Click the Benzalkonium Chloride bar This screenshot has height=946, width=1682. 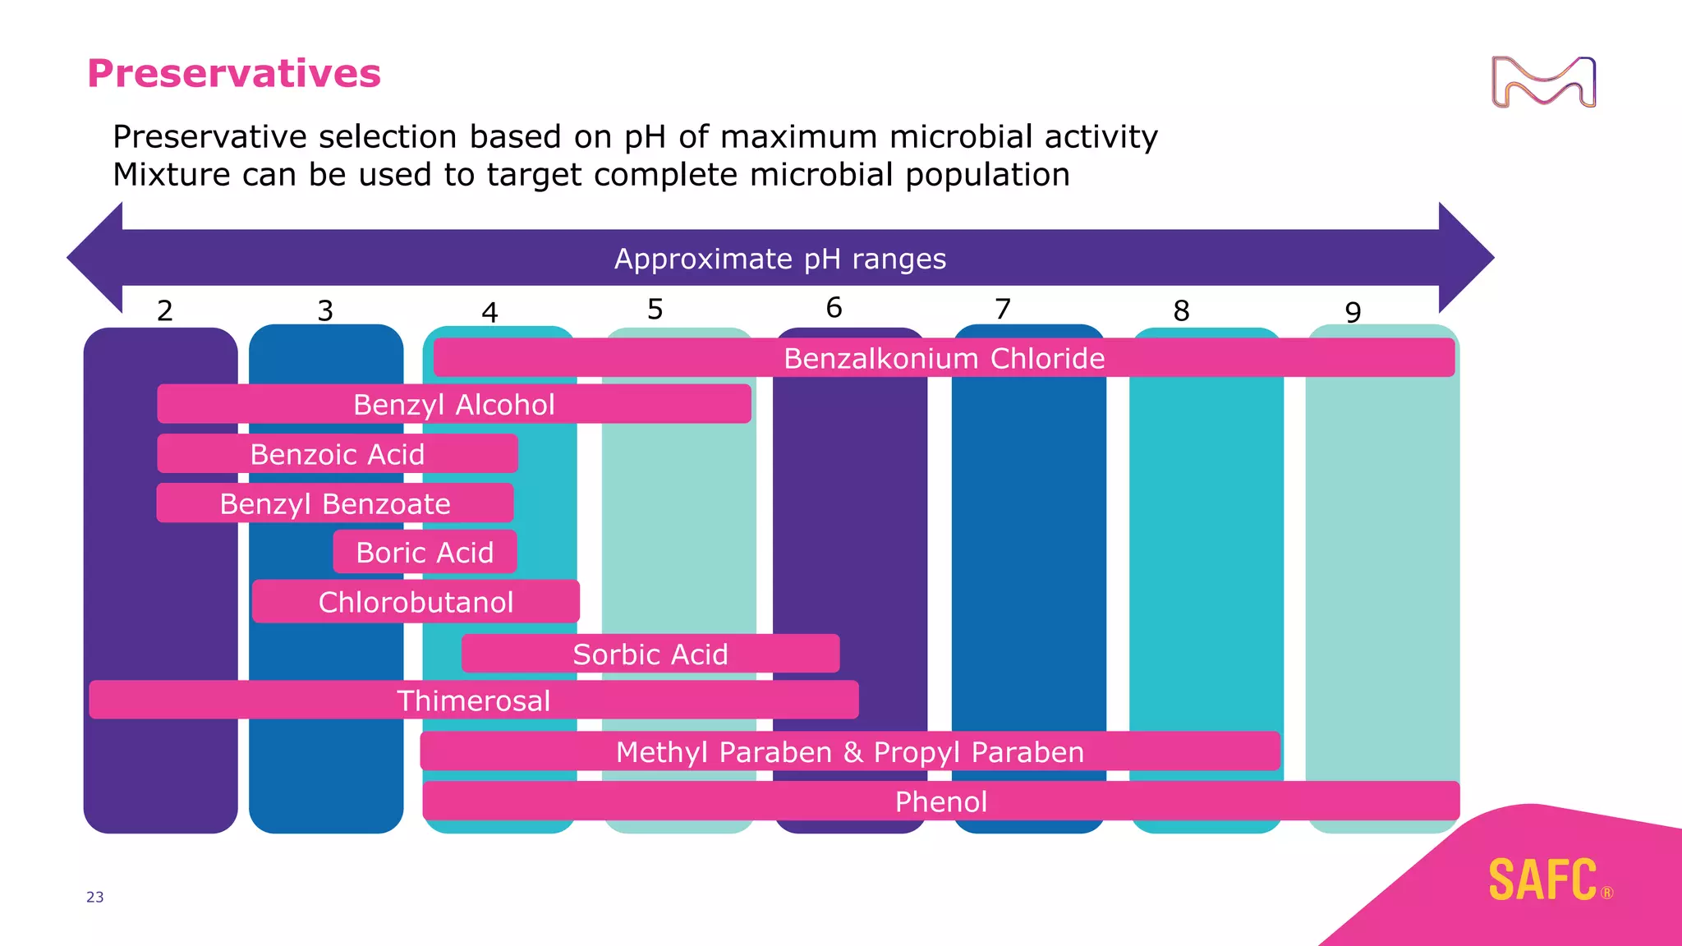(x=944, y=358)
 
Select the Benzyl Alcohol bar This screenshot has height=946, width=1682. (x=454, y=404)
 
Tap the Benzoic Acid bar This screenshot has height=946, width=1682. (x=338, y=454)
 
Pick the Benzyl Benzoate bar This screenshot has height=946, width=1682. (x=335, y=503)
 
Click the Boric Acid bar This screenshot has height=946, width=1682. (x=425, y=552)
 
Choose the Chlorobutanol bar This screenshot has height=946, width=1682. (x=416, y=602)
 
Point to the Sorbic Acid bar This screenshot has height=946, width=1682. (x=650, y=654)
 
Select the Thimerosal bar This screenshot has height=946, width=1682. (x=474, y=700)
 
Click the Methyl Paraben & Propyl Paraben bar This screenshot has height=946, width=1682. (x=850, y=751)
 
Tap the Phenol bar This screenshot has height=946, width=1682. (x=941, y=801)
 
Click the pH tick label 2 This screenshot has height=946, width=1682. (x=165, y=310)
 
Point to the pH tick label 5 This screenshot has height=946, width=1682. (x=655, y=309)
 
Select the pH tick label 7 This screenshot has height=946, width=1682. (x=1003, y=309)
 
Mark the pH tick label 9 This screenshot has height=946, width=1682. (x=1353, y=312)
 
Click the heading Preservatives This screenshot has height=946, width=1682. (x=234, y=73)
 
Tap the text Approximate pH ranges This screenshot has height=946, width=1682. (x=780, y=259)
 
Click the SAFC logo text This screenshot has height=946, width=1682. (x=1543, y=880)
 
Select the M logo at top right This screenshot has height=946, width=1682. (x=1543, y=82)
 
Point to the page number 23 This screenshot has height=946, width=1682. (x=95, y=897)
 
